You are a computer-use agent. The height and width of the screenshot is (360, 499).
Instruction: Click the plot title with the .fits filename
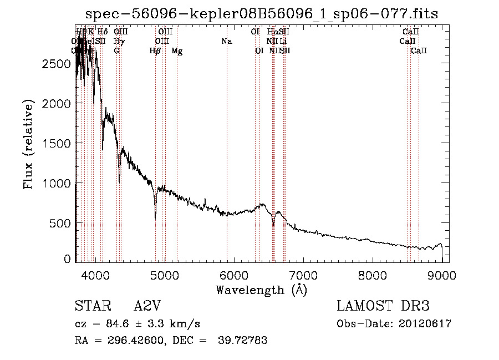[262, 14]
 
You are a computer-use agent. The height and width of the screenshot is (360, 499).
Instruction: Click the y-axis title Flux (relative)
[28, 144]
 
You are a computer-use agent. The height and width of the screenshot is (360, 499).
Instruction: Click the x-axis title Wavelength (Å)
[261, 290]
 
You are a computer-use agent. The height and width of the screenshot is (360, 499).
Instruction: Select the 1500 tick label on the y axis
[56, 143]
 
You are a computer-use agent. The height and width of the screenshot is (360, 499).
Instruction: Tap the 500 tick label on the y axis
[60, 223]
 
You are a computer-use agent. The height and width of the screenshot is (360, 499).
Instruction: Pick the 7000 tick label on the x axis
[303, 275]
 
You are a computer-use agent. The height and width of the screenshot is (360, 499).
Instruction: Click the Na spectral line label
[226, 42]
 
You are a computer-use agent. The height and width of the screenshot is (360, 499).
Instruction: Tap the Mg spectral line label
[177, 51]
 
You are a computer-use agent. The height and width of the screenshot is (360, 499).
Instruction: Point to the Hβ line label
[155, 51]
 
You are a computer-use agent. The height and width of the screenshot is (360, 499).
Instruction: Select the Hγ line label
[119, 42]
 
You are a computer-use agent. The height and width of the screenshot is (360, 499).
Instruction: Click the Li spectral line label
[283, 42]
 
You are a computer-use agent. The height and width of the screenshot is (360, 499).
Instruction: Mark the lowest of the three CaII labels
[419, 51]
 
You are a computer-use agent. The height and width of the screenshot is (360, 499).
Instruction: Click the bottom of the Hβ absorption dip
[155, 218]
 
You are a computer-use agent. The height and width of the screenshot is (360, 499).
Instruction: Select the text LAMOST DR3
[383, 307]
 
